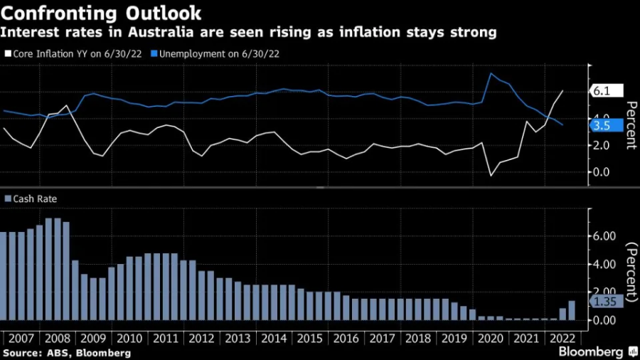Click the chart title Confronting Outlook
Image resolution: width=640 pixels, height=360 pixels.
[x=102, y=13]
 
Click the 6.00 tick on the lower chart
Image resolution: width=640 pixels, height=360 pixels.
[x=605, y=236]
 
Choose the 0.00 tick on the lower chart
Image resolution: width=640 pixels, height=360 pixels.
[x=605, y=320]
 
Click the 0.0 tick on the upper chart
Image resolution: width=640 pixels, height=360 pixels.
[x=602, y=172]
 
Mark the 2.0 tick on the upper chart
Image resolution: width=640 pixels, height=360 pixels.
[x=602, y=145]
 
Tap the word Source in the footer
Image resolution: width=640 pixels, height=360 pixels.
[x=21, y=352]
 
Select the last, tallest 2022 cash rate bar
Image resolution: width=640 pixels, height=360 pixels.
[x=572, y=311]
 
